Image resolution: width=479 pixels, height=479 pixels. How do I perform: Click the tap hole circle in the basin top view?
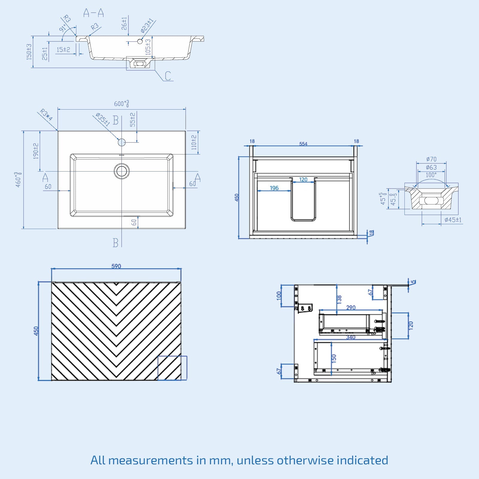122,142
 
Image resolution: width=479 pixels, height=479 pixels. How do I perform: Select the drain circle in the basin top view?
122,171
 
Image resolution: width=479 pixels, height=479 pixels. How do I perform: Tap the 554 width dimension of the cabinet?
303,144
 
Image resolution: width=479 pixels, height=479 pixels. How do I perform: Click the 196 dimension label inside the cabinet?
274,188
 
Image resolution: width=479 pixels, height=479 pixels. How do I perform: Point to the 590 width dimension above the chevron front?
116,266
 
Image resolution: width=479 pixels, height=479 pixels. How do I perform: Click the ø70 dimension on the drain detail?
431,159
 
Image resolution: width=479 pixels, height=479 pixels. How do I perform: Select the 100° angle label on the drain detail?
431,175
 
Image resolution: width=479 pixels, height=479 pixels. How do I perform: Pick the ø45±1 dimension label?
453,220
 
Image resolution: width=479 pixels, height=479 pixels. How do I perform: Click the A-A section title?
93,13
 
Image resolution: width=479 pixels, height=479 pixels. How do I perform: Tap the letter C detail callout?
168,76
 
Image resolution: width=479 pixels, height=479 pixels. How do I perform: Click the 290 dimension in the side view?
351,307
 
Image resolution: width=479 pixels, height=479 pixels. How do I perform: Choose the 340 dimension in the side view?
351,337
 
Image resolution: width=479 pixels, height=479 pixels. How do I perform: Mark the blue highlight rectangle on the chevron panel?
172,368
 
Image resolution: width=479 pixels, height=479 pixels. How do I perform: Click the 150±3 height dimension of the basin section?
29,52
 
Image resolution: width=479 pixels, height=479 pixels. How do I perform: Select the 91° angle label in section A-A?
63,28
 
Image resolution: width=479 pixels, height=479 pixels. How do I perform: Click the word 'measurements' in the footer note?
150,460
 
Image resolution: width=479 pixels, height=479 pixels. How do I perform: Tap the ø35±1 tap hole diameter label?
103,119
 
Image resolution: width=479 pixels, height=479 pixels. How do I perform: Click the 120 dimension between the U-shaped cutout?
303,180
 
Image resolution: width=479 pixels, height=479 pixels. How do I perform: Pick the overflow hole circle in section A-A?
140,41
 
